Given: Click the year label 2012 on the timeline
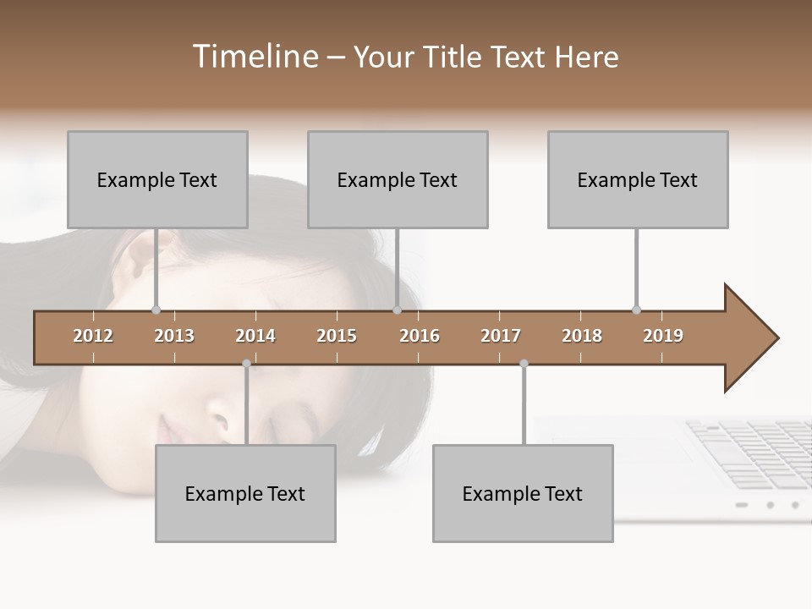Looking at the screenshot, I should click(93, 336).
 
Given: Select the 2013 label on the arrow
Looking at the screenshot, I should click(174, 336).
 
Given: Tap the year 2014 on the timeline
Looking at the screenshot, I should click(255, 336).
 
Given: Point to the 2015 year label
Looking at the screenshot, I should click(337, 336).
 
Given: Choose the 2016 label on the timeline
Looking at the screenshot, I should click(420, 336).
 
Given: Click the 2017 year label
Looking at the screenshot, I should click(501, 336).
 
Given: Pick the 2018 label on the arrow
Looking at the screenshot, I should click(582, 336).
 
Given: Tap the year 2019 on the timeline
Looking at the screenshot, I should click(663, 336).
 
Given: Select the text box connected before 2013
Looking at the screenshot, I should click(157, 179).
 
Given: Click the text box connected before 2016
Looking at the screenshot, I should click(398, 179).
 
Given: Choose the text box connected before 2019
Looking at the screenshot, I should click(638, 179).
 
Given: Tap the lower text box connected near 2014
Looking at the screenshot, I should click(245, 493).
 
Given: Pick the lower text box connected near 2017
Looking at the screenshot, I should click(523, 493).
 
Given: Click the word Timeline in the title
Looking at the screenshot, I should click(254, 57).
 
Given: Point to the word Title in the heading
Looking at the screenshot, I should click(454, 57).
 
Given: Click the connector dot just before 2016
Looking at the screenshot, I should click(398, 310).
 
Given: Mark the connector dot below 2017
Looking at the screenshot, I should click(524, 364).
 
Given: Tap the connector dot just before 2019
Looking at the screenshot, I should click(637, 310).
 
